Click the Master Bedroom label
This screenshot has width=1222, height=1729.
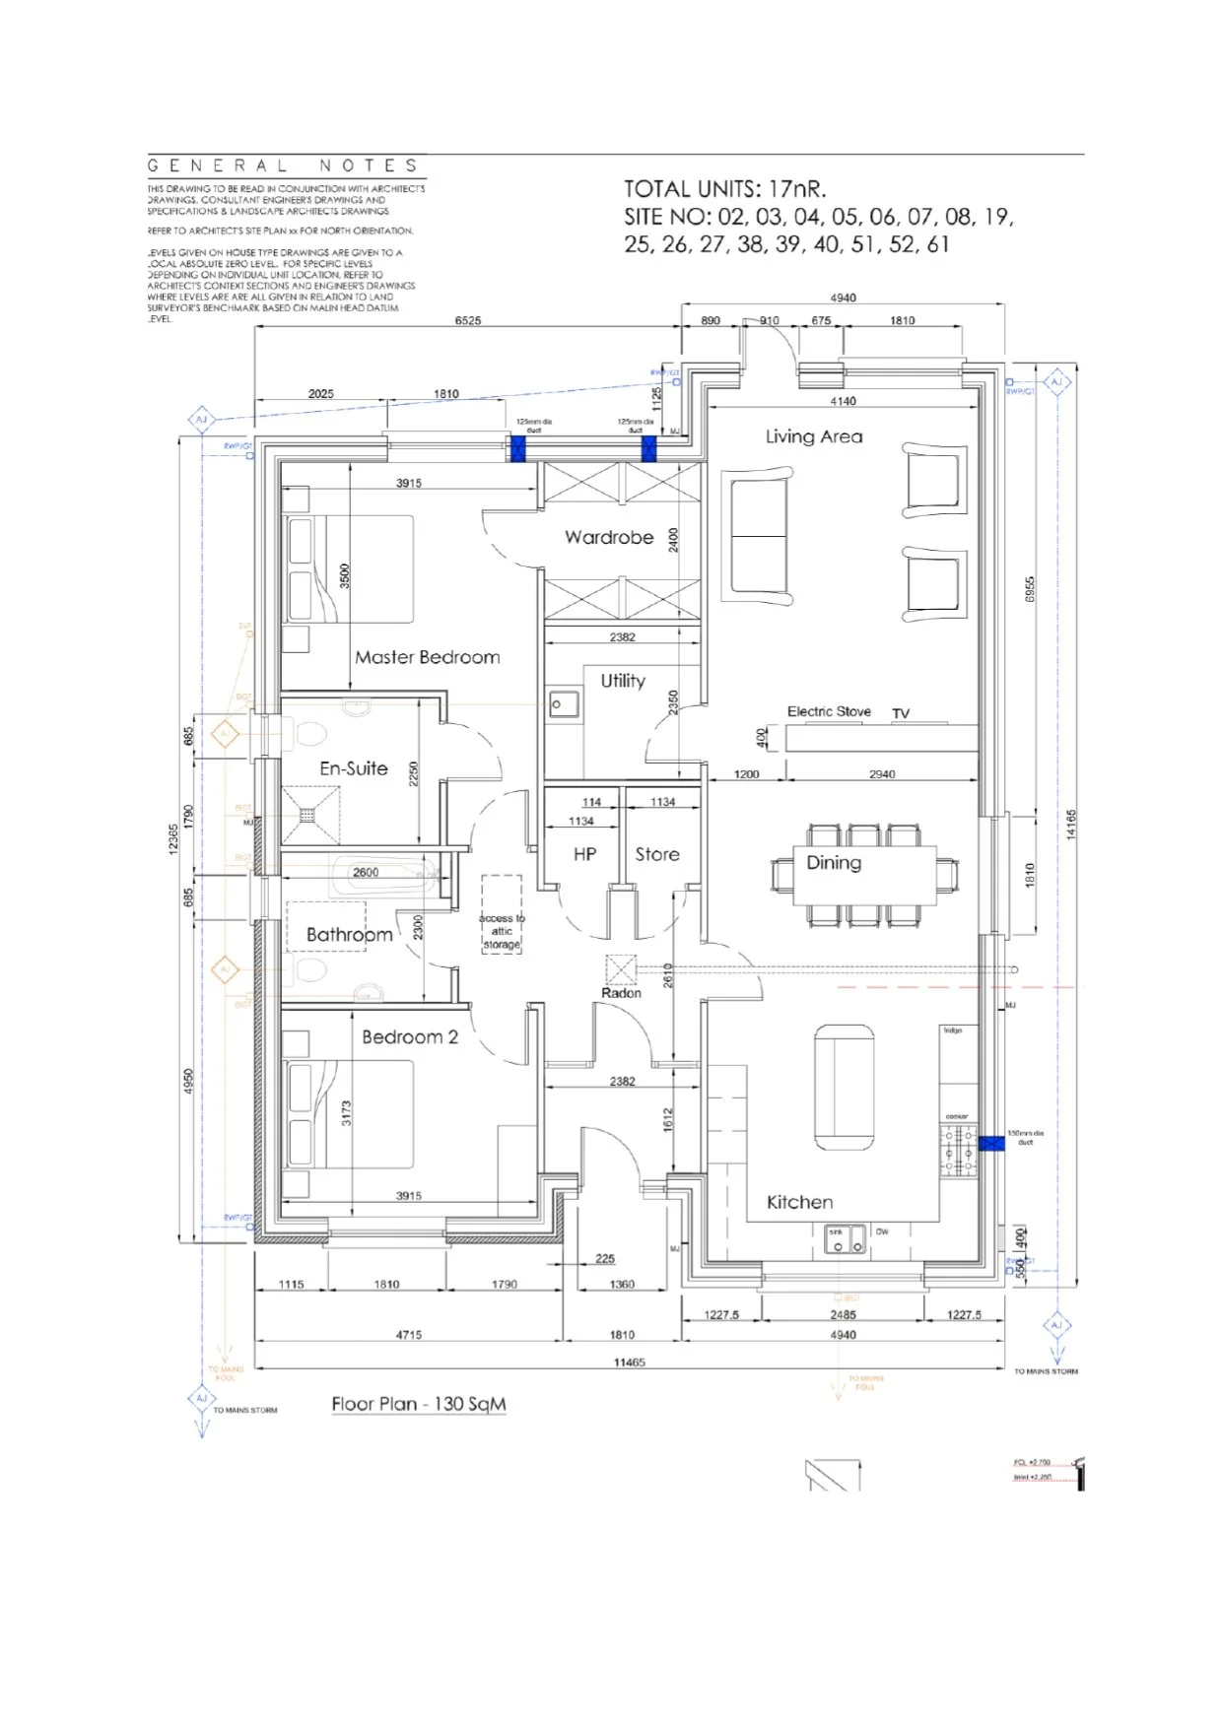[427, 657]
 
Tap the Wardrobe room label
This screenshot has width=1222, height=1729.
[609, 537]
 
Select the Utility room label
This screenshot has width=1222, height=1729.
[623, 681]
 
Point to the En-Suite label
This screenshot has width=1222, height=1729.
[354, 768]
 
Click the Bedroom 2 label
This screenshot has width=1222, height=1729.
[410, 1036]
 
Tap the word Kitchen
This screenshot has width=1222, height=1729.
[799, 1202]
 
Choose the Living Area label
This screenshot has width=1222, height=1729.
[814, 436]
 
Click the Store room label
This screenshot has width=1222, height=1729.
[657, 854]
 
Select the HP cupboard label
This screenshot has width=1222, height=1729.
[584, 854]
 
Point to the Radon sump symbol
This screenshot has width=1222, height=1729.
[621, 970]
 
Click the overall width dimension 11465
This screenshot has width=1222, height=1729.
[629, 1362]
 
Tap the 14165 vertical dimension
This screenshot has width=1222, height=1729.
[1071, 825]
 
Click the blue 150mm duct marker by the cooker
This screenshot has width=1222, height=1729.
[991, 1143]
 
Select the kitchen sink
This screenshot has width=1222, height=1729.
[846, 1239]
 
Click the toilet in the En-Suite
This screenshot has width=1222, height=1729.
[309, 734]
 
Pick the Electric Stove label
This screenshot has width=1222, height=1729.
[829, 711]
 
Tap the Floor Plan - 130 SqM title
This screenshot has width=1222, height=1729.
[419, 1404]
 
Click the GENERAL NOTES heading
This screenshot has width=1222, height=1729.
[284, 166]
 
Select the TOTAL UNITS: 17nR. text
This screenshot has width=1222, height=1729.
[724, 189]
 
